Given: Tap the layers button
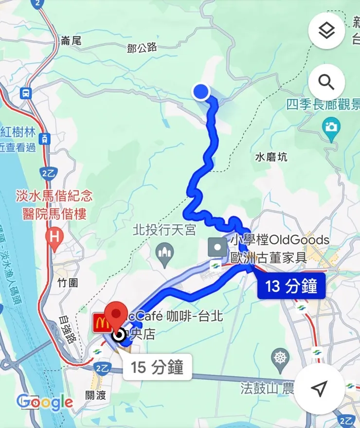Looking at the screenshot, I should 326,31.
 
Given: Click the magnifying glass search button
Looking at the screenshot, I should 326,82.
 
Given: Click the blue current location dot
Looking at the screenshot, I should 200,91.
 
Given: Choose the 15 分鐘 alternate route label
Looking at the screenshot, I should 158,367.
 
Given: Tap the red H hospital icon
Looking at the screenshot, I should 54,237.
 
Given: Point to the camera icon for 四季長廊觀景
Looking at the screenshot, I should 331,126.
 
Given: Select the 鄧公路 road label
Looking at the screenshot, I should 142,47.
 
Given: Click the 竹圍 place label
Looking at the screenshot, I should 68,282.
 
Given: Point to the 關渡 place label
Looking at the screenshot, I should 95,395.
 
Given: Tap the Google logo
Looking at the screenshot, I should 45,402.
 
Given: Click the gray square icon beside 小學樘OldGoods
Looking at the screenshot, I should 217,248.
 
